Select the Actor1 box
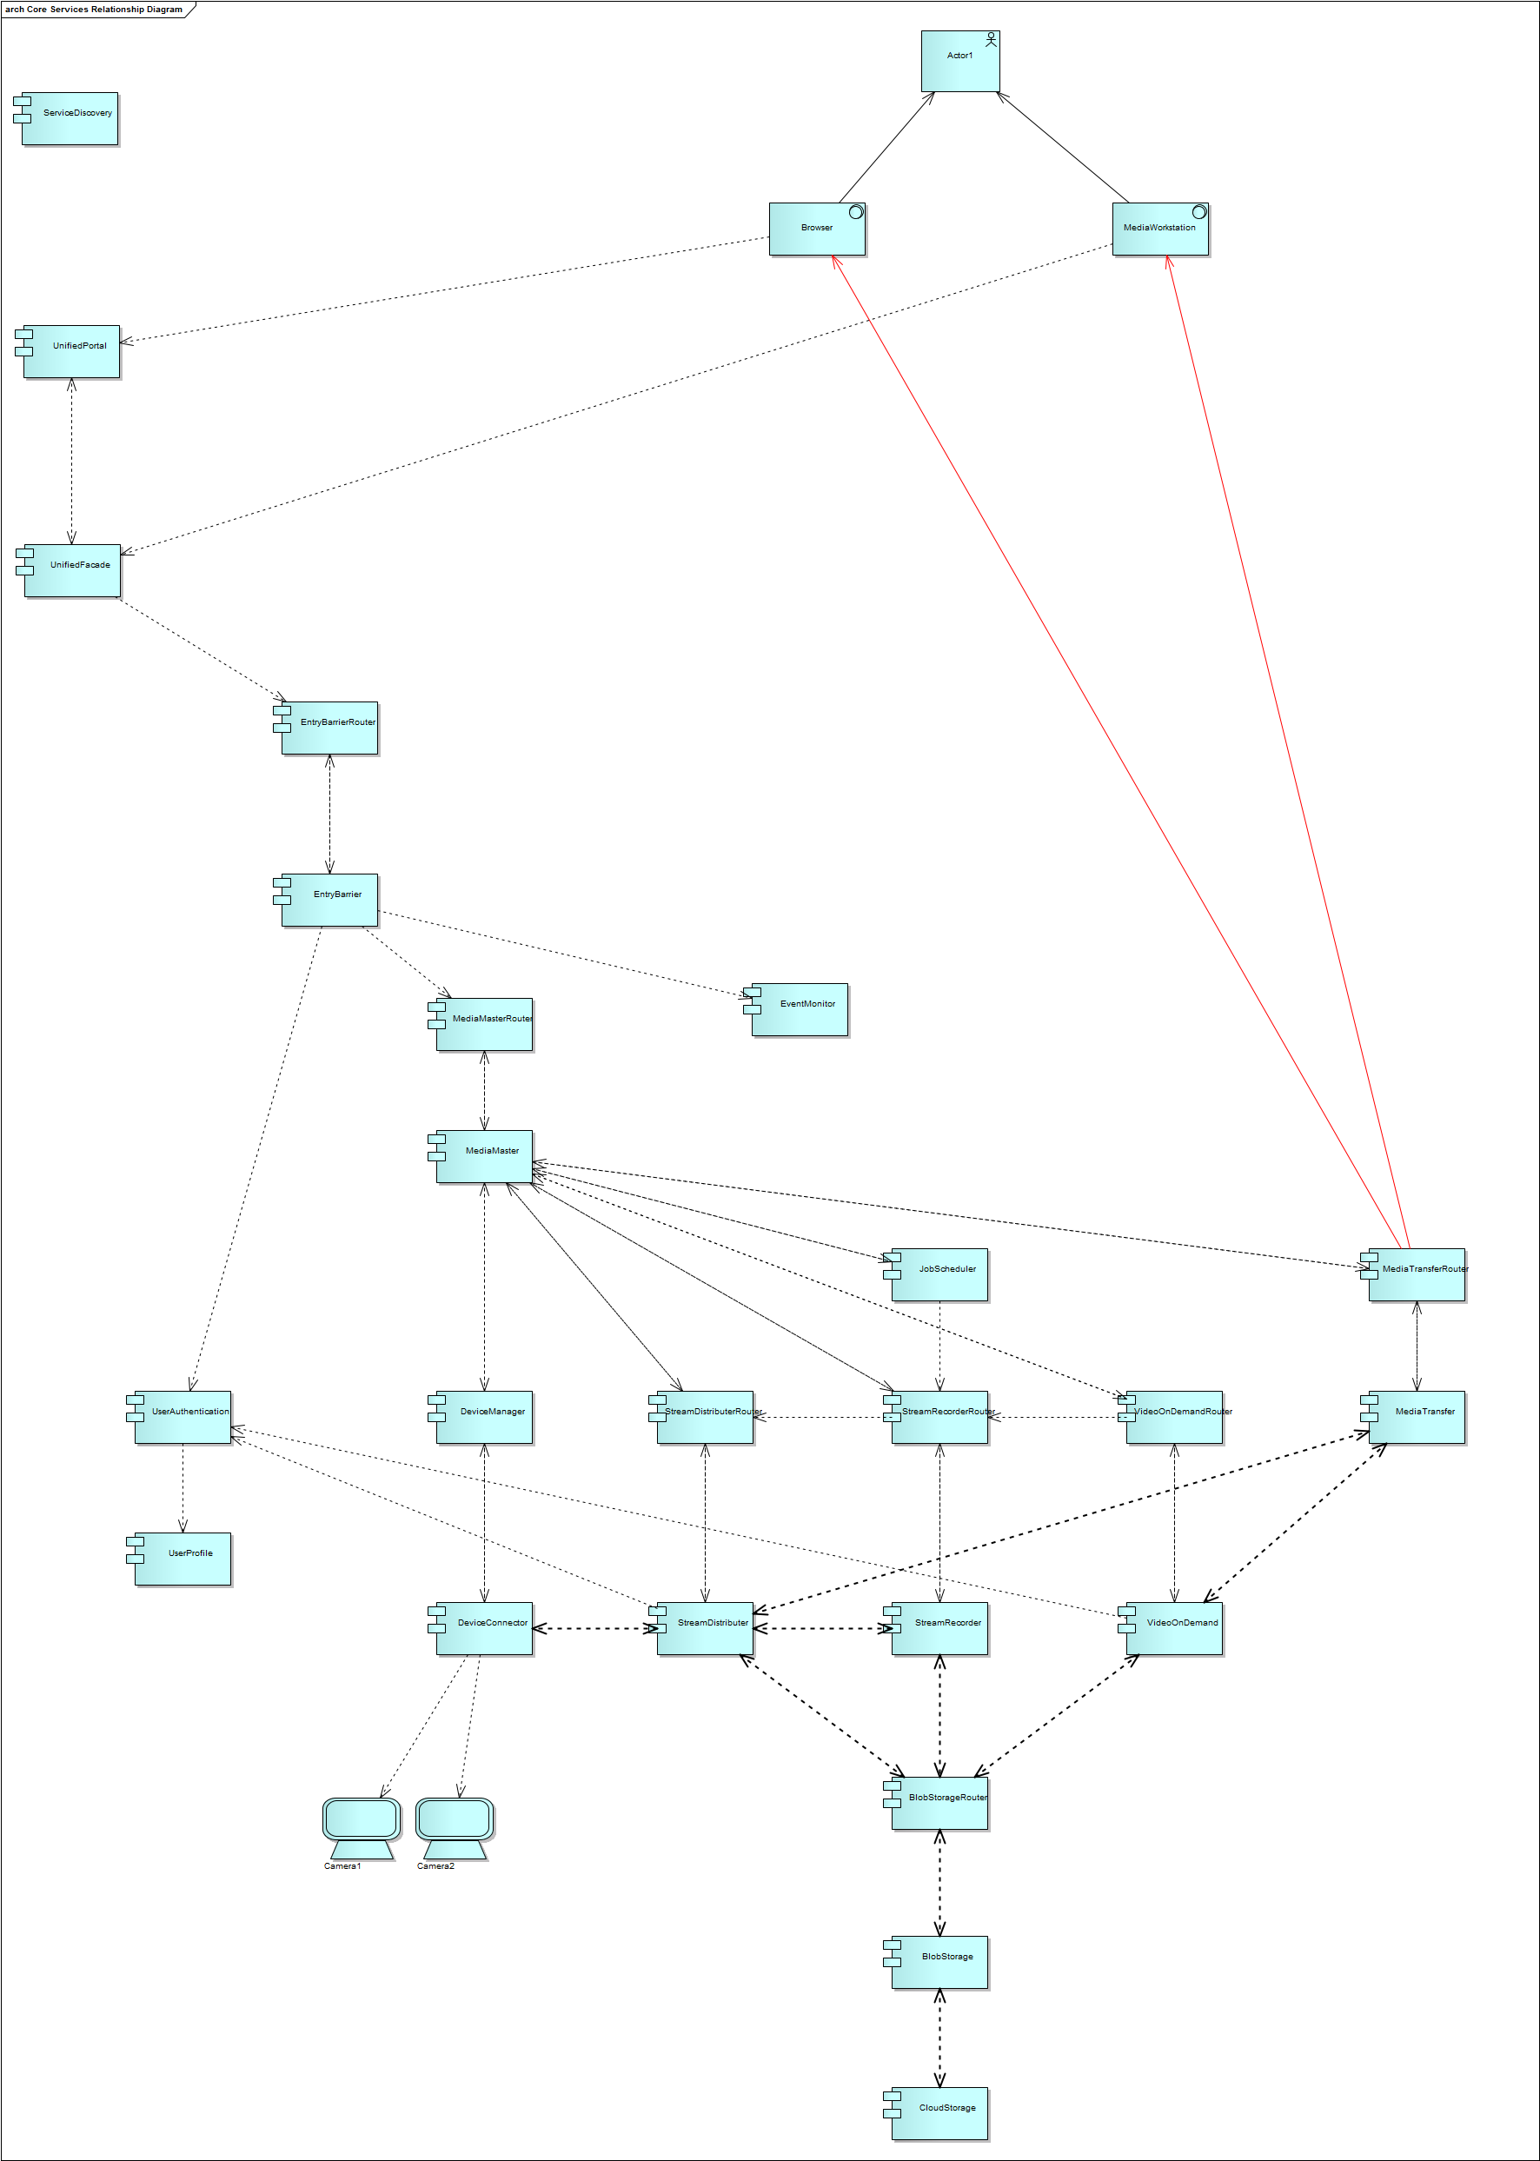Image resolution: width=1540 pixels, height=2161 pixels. (x=959, y=62)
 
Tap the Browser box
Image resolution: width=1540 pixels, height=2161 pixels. (x=816, y=229)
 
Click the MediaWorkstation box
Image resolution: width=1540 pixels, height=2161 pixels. (x=1159, y=229)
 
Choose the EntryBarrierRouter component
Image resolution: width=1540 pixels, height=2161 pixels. (x=329, y=728)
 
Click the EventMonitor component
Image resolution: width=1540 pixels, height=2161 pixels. (x=800, y=1009)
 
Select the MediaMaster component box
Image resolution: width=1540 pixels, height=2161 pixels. (x=483, y=1156)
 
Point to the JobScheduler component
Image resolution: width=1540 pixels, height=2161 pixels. (x=939, y=1274)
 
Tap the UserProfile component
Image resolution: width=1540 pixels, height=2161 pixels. (x=182, y=1558)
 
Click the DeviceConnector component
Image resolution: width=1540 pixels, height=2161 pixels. (x=483, y=1628)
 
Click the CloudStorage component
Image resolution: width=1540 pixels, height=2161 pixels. (x=939, y=2112)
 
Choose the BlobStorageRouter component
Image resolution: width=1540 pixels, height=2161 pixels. (x=939, y=1803)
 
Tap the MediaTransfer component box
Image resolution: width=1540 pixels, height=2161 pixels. (x=1417, y=1417)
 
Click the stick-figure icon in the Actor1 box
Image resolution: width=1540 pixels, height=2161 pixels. (x=991, y=39)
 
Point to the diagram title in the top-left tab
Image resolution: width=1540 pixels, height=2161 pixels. (x=94, y=10)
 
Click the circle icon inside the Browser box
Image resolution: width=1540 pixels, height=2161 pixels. (x=855, y=211)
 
